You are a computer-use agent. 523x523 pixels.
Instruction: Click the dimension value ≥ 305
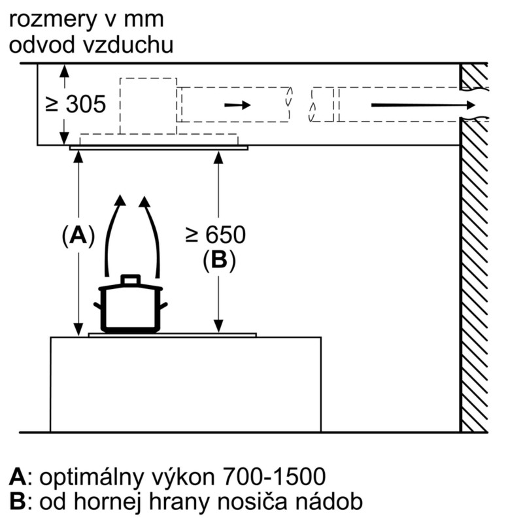coord(76,104)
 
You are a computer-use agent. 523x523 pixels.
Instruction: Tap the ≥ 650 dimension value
coord(216,235)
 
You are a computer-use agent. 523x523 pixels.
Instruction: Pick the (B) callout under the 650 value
coord(219,259)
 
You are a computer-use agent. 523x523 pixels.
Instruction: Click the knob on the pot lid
coord(130,280)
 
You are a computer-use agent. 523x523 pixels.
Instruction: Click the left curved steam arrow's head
coord(120,200)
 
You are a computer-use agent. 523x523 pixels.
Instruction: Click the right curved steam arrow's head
coord(144,201)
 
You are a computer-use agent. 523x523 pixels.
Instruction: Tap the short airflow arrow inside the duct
coord(237,105)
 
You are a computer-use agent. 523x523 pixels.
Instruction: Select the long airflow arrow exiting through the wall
coord(423,105)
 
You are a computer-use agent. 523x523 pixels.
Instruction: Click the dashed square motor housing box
coord(148,106)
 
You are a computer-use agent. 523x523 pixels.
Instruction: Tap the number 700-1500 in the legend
coord(273,476)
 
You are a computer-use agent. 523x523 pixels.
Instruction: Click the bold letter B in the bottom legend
coord(17,501)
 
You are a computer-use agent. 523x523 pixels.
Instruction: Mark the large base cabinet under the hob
coord(186,384)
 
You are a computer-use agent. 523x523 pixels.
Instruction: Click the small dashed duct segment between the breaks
coord(322,105)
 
